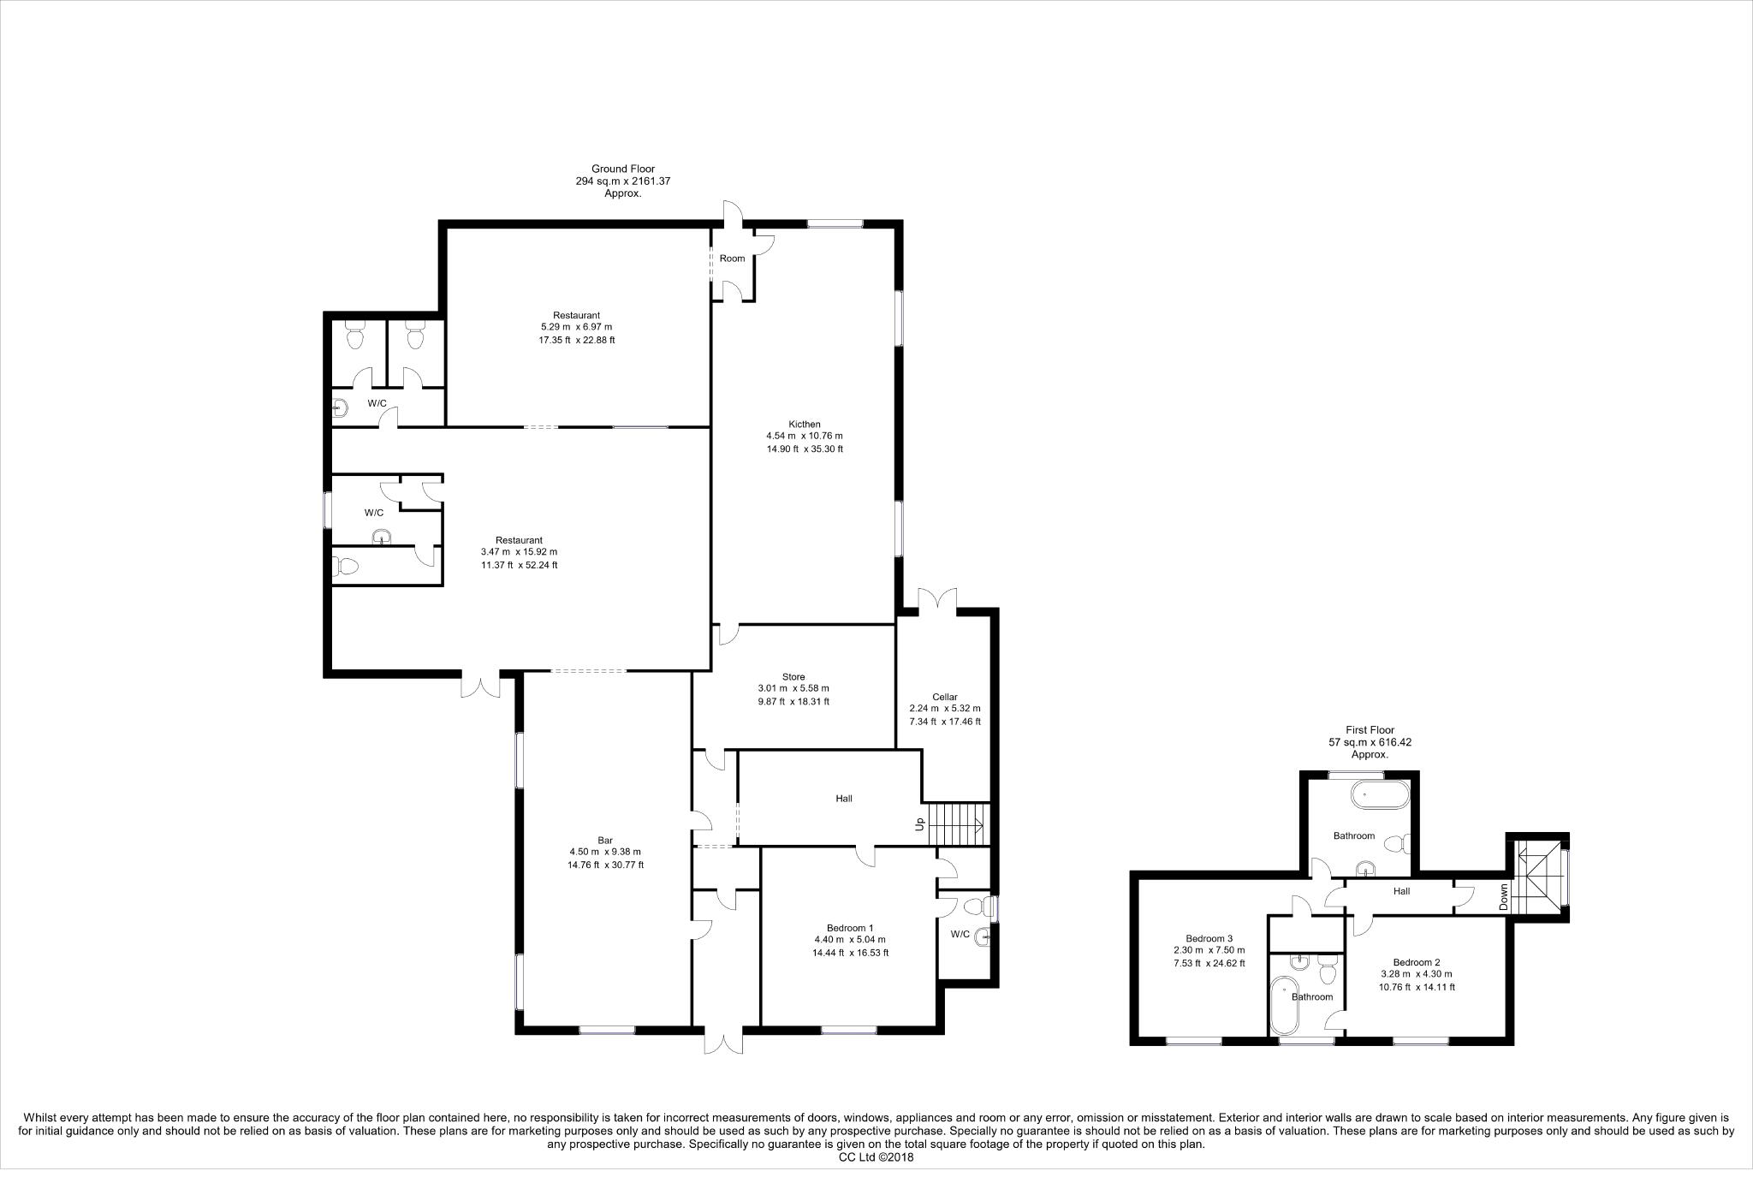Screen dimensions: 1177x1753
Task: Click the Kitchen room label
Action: coord(805,425)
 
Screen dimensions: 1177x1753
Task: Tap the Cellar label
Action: coord(944,697)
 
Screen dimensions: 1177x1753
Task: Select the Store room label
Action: coord(793,677)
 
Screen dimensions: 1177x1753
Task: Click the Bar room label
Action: coord(605,840)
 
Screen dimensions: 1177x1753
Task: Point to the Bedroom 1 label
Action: coord(850,928)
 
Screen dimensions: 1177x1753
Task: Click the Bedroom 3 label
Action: coord(1209,937)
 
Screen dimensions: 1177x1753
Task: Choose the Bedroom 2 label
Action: coord(1416,961)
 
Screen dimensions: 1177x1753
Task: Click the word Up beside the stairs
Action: coord(920,823)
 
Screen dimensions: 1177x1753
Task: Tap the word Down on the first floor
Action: coord(1504,896)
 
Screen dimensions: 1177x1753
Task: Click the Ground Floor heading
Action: coord(622,169)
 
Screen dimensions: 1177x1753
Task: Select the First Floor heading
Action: coord(1370,730)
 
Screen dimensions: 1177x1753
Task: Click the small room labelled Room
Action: coord(732,259)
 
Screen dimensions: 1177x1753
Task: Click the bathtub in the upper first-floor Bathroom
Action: coord(1379,795)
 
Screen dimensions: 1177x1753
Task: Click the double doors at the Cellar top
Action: coord(937,599)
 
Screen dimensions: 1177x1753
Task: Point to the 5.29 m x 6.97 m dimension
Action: coord(576,327)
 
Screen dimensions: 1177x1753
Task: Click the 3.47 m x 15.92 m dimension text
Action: coord(519,552)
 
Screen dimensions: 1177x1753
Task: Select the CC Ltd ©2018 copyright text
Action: coord(876,1157)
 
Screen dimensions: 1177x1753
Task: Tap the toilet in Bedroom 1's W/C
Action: coord(975,906)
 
